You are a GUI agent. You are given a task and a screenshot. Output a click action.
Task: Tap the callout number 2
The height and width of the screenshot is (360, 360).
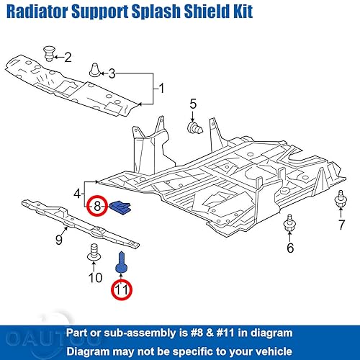[x=68, y=57]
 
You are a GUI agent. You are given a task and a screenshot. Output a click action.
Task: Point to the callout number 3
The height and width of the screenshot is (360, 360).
[x=112, y=73]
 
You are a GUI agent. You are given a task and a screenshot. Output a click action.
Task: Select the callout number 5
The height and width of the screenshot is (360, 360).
[x=193, y=106]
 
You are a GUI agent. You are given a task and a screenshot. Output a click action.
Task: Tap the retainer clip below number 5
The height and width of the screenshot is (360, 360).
[x=193, y=128]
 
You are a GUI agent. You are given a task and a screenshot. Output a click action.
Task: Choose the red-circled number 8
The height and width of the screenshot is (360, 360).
[x=97, y=207]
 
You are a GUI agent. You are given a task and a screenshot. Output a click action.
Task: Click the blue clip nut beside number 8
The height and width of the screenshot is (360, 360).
[x=120, y=208]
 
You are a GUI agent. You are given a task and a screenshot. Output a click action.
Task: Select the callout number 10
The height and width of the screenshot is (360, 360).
[x=95, y=277]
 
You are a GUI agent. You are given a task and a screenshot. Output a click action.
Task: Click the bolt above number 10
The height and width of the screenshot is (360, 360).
[x=94, y=253]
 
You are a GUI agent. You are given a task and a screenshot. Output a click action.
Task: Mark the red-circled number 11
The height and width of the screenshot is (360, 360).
[x=121, y=291]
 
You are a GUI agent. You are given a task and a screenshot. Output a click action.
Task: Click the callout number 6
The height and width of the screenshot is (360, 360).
[x=290, y=248]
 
